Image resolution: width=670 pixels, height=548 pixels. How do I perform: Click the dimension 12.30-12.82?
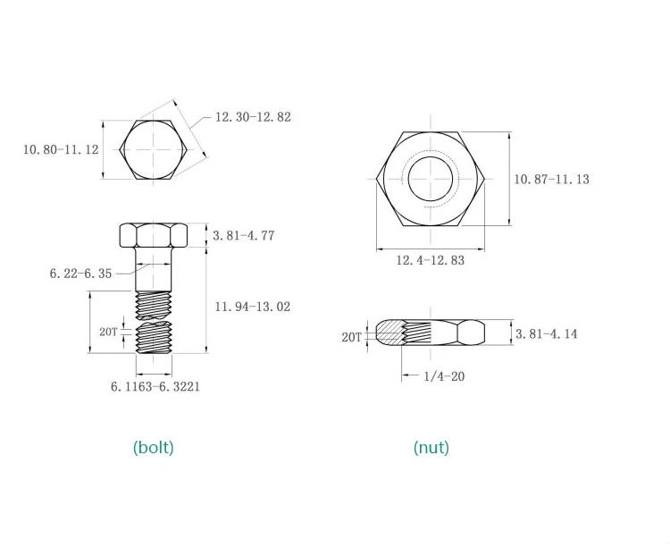click(253, 117)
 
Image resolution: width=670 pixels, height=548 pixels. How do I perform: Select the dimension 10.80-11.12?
click(61, 149)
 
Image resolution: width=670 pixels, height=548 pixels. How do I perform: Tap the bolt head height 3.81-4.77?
click(243, 236)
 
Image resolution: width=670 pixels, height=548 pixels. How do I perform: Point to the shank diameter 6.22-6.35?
click(80, 274)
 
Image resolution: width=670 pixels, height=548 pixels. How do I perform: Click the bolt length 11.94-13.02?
click(252, 307)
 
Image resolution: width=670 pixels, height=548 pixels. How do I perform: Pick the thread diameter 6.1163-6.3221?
click(155, 386)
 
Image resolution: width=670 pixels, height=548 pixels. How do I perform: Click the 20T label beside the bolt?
click(108, 331)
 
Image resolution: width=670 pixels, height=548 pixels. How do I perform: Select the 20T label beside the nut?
click(351, 337)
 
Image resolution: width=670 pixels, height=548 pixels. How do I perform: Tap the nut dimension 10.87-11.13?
click(551, 179)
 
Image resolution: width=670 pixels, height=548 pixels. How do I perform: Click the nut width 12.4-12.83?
click(430, 260)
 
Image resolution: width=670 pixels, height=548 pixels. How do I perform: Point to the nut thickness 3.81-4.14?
click(546, 333)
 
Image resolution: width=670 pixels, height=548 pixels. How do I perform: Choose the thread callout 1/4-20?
click(444, 376)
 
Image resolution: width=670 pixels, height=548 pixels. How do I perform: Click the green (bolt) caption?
click(153, 447)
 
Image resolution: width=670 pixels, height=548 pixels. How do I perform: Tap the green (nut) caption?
click(431, 447)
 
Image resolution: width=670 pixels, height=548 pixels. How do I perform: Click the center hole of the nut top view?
click(430, 176)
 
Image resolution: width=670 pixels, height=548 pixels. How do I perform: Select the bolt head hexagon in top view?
click(153, 150)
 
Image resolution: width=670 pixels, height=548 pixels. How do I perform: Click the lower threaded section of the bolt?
click(153, 341)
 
